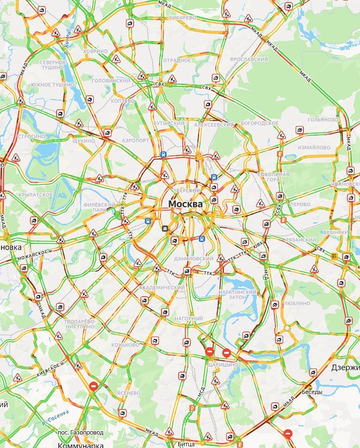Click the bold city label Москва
[185, 203]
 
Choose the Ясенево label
[128, 392]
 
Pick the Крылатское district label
[35, 194]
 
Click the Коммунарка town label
[81, 445]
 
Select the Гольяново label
[323, 119]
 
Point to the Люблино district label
[297, 303]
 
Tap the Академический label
[162, 288]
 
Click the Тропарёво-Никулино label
[79, 324]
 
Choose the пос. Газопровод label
[81, 432]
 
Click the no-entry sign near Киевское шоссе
[93, 386]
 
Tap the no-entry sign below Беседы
[288, 433]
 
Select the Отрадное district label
[177, 60]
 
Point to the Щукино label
[84, 141]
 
